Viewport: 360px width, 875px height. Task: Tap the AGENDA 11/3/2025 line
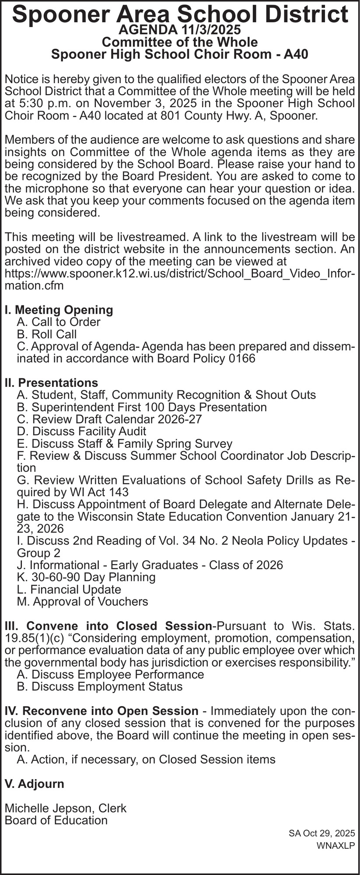coord(180,30)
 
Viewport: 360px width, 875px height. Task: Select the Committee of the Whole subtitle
coord(180,42)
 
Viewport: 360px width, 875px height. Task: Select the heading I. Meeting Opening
coord(59,310)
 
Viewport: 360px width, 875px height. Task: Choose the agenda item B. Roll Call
coord(47,334)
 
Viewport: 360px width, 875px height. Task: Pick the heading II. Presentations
coord(51,383)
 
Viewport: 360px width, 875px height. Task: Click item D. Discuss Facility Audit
coord(81,431)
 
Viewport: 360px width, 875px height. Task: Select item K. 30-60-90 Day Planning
coord(86,577)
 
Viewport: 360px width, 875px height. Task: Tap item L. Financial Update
coord(69,589)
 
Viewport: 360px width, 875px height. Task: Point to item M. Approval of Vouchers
coord(82,602)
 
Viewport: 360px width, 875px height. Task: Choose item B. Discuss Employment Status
coord(99,686)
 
